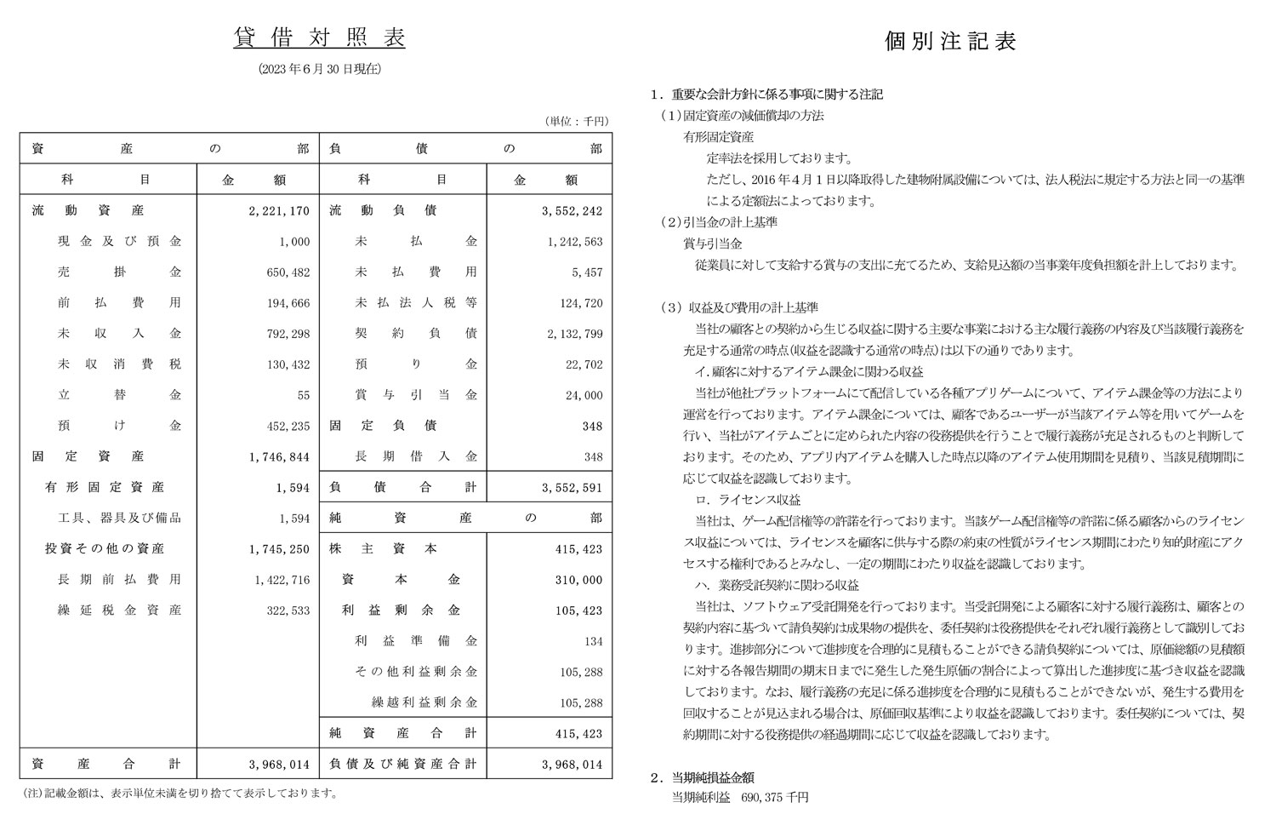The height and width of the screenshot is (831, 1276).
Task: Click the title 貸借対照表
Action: [x=319, y=38]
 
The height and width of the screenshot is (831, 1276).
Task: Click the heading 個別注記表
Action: [x=950, y=42]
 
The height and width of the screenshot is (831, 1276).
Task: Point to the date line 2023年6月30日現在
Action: [x=319, y=70]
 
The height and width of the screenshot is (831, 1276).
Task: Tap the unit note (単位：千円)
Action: [x=577, y=122]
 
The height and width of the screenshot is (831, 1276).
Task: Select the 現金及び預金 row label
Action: [x=119, y=242]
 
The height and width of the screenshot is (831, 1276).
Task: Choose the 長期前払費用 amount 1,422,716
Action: [x=282, y=580]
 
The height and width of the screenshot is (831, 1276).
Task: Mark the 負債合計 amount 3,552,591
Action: [x=572, y=488]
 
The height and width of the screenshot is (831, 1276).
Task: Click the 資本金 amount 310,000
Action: [x=578, y=580]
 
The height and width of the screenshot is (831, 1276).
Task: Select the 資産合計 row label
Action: [x=105, y=765]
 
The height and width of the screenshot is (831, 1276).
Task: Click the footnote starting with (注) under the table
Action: [x=179, y=794]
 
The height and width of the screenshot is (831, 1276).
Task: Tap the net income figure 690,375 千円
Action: [x=774, y=798]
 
